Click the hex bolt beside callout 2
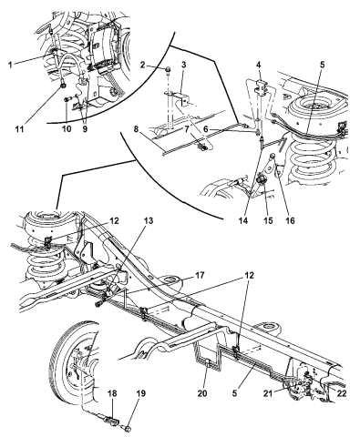pyautogui.click(x=170, y=66)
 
